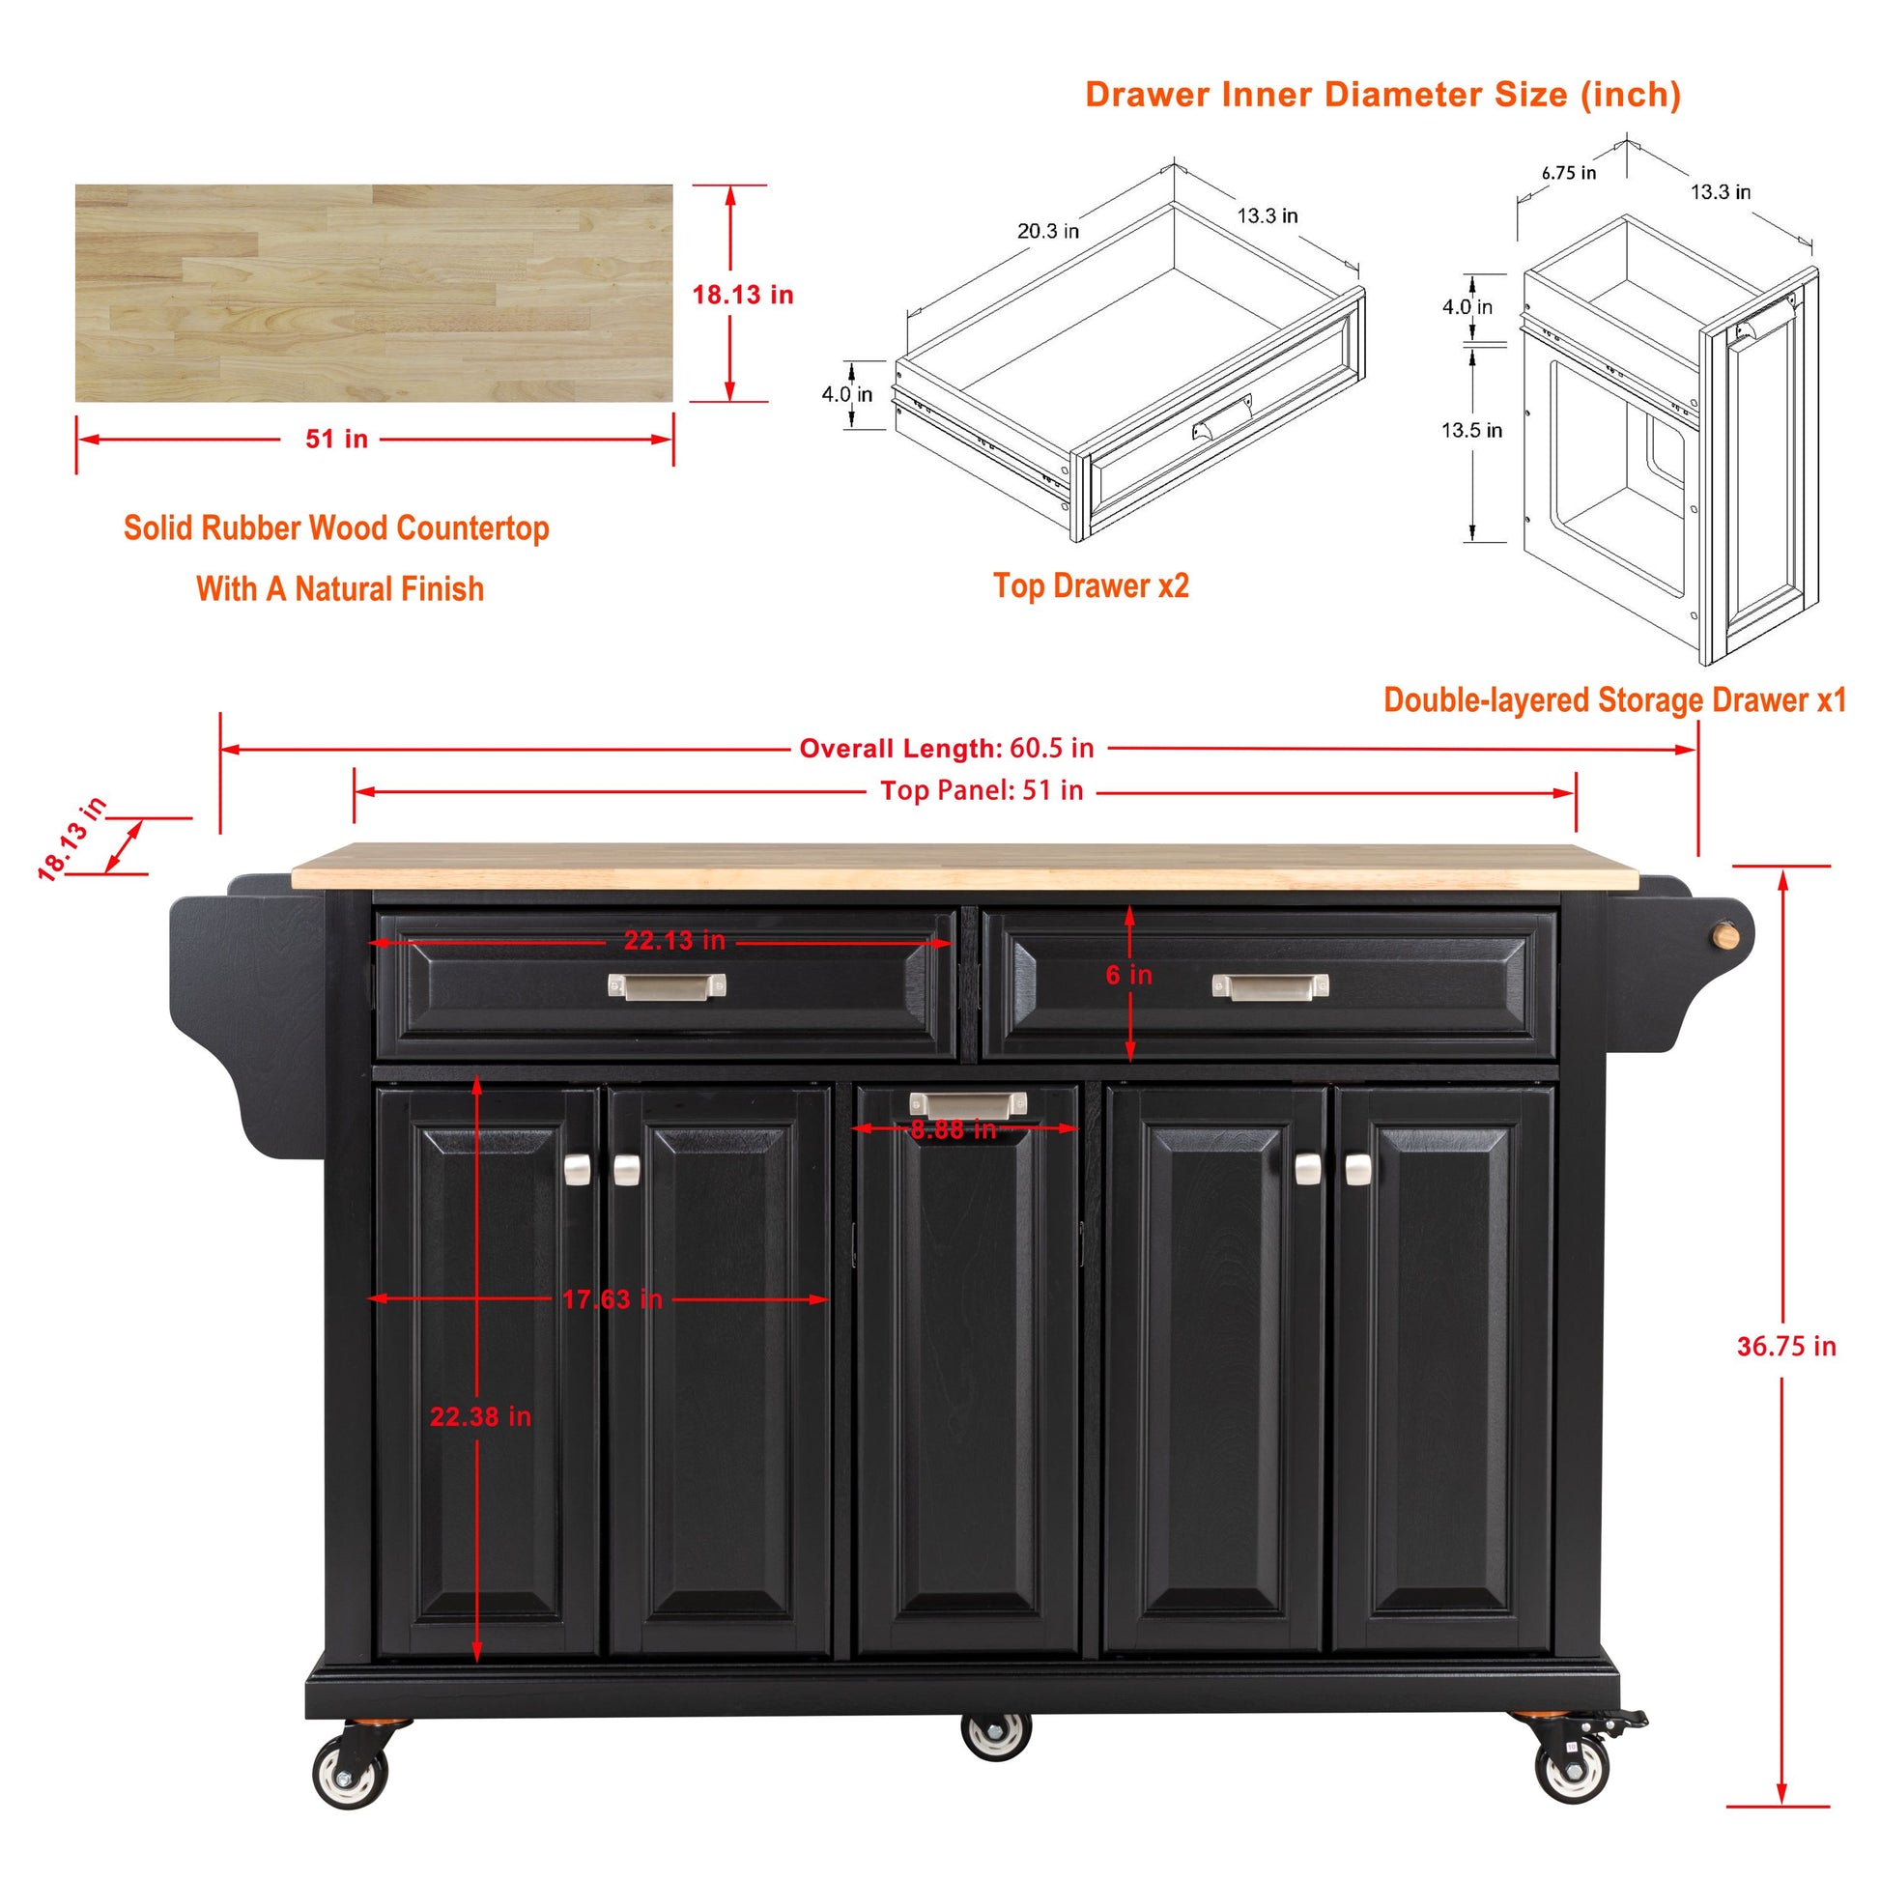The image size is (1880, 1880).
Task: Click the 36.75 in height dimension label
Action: click(1785, 1347)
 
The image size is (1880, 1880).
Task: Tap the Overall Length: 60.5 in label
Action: click(946, 749)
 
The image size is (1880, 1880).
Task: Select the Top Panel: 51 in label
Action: click(981, 791)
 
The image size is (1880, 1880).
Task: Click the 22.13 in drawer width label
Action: click(674, 941)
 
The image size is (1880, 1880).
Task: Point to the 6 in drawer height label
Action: click(1127, 975)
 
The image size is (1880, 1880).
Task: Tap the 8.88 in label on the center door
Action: click(953, 1129)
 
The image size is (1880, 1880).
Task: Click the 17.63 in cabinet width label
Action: click(612, 1299)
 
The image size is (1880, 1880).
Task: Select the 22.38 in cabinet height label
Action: click(481, 1417)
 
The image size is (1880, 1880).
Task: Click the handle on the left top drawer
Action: click(667, 986)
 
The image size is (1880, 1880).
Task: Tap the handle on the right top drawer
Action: click(1269, 986)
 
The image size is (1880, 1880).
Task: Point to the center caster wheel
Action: click(995, 1735)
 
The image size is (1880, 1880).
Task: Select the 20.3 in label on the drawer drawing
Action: click(1048, 232)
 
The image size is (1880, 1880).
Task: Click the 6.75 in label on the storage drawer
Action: click(1569, 173)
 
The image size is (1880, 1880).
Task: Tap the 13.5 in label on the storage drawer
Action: click(1471, 430)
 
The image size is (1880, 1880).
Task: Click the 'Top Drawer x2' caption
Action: click(1091, 585)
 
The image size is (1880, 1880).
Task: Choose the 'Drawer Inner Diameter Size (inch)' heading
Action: click(1382, 95)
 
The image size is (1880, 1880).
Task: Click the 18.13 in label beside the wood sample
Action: click(743, 295)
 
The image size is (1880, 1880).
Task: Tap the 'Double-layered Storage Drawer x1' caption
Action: click(1614, 700)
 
